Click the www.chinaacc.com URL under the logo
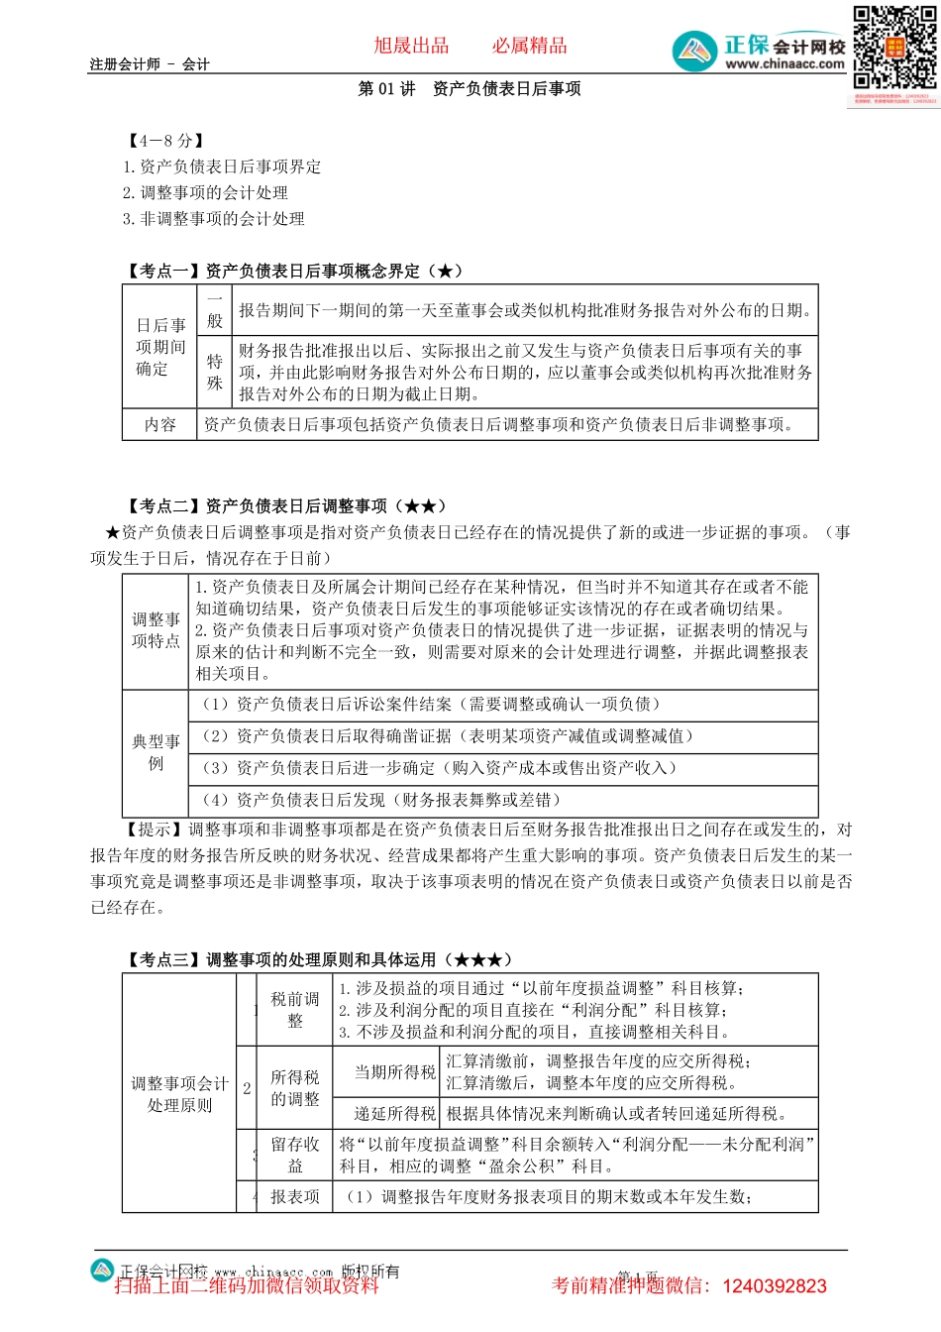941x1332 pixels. pos(784,64)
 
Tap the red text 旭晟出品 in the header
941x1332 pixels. pos(411,46)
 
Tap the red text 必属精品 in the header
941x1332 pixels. pos(530,46)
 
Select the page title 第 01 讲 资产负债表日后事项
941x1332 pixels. pos(470,89)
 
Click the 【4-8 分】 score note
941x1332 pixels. pos(166,141)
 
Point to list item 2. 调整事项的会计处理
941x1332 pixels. pos(206,193)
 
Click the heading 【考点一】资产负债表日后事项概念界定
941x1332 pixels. pos(294,271)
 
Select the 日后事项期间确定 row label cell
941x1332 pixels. pos(160,347)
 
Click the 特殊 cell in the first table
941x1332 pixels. pos(215,372)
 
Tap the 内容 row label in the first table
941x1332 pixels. pos(160,424)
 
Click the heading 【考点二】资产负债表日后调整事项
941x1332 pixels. pos(286,506)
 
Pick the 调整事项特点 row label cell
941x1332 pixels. pos(156,630)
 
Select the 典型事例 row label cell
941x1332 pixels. pos(156,752)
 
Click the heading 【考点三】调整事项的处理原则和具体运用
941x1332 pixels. pos(319,959)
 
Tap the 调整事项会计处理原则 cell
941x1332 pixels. pos(179,1094)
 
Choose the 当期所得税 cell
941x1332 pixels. pos(395,1072)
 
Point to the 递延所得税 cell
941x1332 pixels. pos(395,1114)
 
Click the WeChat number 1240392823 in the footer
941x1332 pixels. pos(775,1286)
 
